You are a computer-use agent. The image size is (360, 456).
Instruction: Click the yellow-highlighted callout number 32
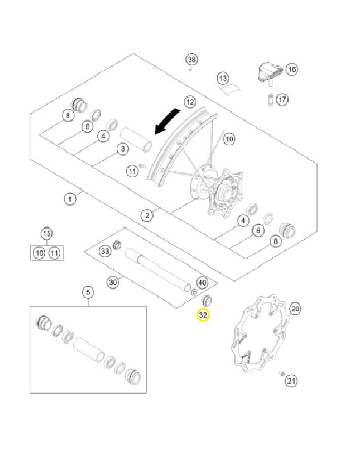point(203,315)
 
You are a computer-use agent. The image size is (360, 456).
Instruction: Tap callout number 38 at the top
point(191,60)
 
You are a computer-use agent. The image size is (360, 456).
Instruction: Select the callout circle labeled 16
point(291,69)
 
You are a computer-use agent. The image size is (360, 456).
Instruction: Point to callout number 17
point(282,99)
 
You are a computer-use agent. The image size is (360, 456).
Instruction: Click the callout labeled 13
point(223,78)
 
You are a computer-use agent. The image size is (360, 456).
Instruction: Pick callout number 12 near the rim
point(190,102)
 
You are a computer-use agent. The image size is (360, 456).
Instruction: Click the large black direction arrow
point(167,122)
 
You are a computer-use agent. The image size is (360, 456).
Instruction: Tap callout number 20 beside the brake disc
point(295,308)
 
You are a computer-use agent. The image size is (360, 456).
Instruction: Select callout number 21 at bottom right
point(291,380)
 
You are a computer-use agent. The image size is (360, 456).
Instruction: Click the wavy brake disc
point(257,332)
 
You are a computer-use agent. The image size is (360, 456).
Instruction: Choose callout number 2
point(147,216)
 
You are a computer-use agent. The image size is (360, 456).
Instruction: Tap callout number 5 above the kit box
point(88,292)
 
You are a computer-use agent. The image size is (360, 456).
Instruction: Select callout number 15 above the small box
point(46,234)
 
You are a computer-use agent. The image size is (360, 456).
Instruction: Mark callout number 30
point(112,282)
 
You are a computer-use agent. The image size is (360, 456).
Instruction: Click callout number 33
point(105,251)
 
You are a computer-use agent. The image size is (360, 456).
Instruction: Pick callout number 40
point(202,282)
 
